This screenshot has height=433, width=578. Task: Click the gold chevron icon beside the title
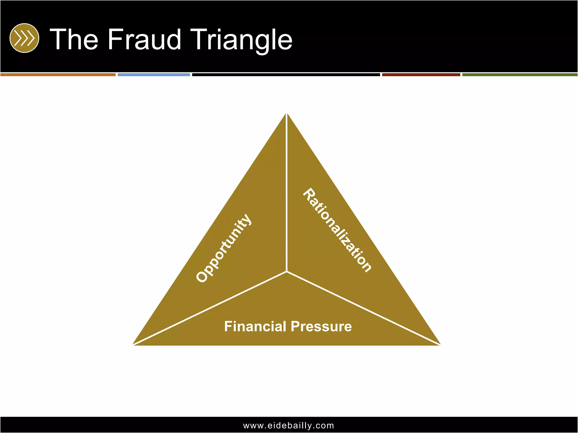click(x=24, y=38)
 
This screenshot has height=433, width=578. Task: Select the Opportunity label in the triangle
click(x=224, y=248)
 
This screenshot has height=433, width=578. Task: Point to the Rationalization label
click(x=337, y=230)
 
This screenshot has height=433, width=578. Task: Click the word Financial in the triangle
click(x=255, y=326)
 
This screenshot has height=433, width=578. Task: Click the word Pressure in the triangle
click(x=321, y=326)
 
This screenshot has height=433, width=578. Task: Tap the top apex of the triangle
click(x=286, y=114)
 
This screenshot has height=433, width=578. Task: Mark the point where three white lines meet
click(x=286, y=271)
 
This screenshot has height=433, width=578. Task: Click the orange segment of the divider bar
click(x=58, y=75)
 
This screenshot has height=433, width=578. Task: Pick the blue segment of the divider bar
click(x=154, y=75)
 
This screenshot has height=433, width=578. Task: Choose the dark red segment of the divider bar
click(x=421, y=75)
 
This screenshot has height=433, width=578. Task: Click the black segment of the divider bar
click(x=286, y=75)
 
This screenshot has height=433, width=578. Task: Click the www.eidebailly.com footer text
click(x=288, y=425)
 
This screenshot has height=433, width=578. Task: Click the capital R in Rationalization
click(x=309, y=194)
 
